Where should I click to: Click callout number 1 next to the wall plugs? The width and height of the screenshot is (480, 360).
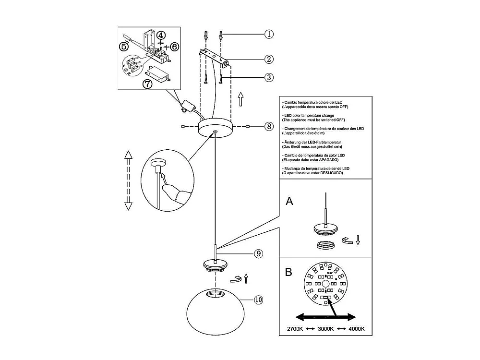[x=269, y=34]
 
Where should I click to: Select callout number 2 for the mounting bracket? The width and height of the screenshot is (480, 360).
[x=269, y=60]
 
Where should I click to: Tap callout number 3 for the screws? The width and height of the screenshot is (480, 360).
[x=269, y=77]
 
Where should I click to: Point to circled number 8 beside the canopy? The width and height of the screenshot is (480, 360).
[x=269, y=127]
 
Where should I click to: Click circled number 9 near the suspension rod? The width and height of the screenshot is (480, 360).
[x=259, y=254]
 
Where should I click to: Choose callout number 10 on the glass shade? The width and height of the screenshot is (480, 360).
[x=259, y=300]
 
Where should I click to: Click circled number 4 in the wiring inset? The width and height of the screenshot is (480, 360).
[x=161, y=35]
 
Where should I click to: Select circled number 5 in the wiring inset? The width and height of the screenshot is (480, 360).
[x=124, y=47]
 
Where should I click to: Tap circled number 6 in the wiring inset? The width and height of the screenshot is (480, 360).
[x=174, y=47]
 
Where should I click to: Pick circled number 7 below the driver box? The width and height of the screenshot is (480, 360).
[x=147, y=84]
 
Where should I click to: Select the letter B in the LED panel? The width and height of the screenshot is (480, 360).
[x=288, y=272]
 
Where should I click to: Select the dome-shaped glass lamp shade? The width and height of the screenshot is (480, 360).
[x=215, y=307]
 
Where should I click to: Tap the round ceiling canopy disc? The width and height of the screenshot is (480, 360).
[x=215, y=129]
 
